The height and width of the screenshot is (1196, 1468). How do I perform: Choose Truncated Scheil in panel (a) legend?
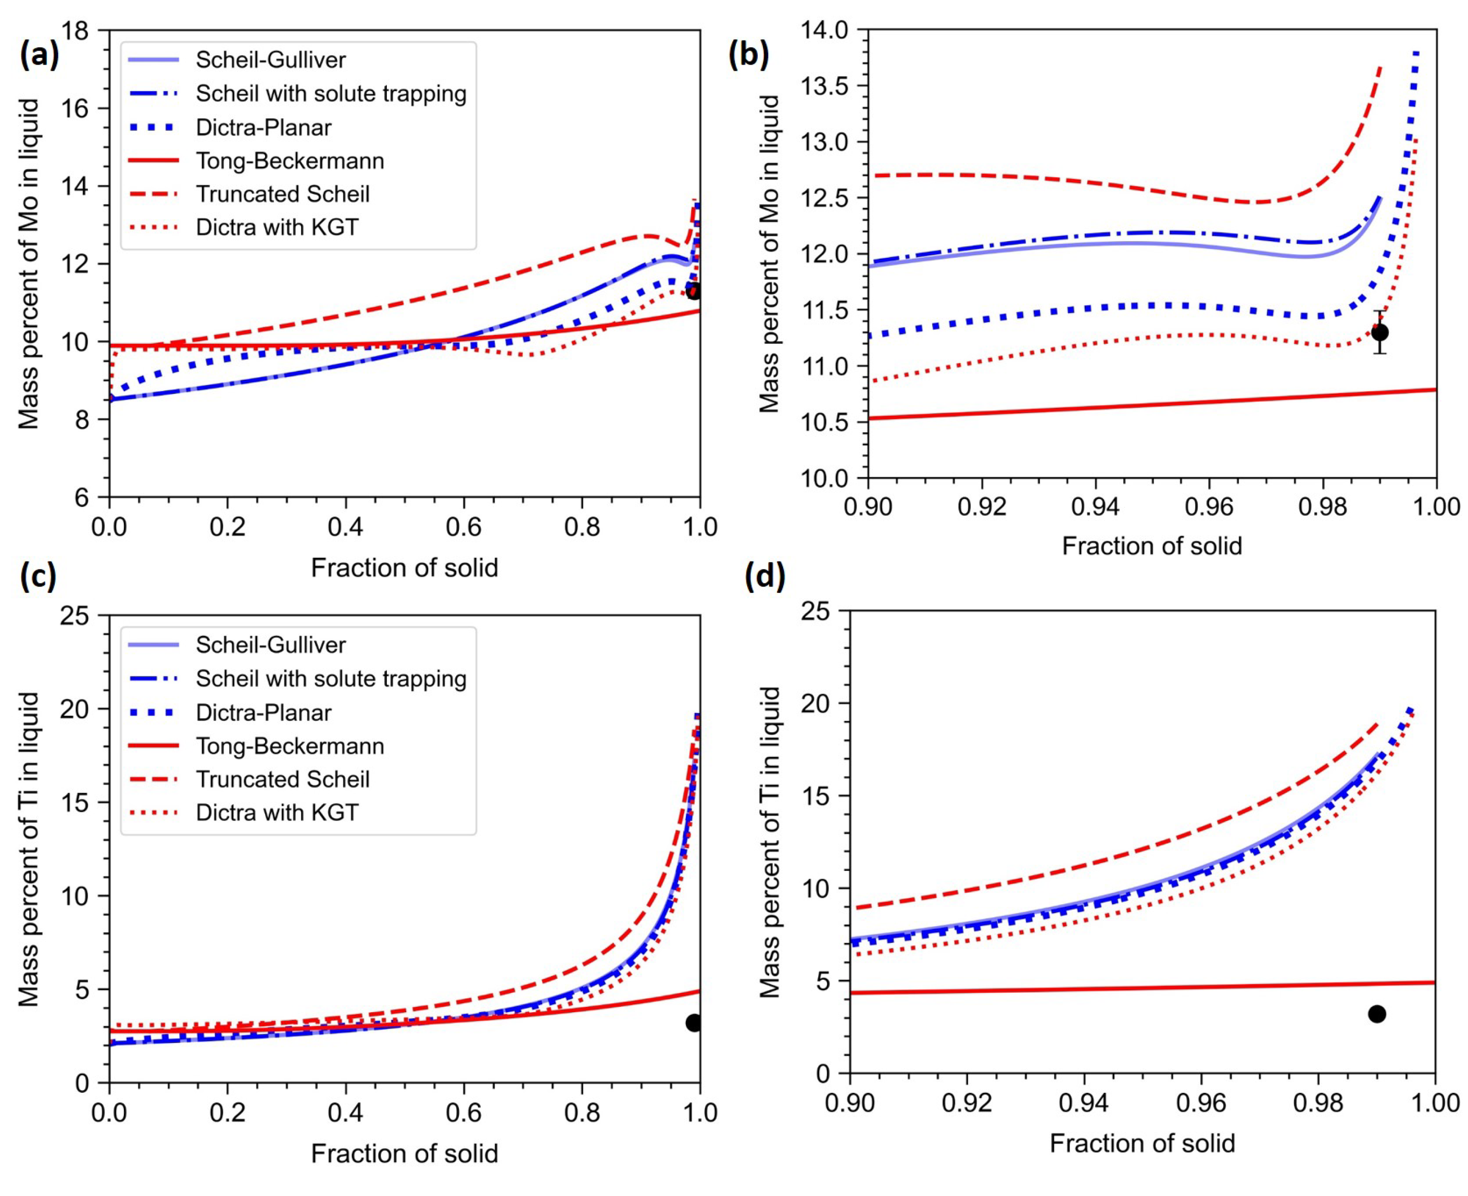[x=282, y=194]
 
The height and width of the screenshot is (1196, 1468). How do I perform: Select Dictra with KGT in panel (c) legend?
[x=277, y=812]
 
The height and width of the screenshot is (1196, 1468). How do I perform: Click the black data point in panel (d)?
[x=1376, y=1014]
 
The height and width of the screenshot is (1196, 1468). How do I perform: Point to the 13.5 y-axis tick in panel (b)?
[x=831, y=86]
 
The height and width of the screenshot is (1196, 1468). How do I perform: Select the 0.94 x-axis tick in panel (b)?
[x=1095, y=506]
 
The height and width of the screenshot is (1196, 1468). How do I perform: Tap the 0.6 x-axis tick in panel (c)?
[x=463, y=1112]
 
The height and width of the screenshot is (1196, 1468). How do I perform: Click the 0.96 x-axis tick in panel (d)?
[x=1201, y=1103]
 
